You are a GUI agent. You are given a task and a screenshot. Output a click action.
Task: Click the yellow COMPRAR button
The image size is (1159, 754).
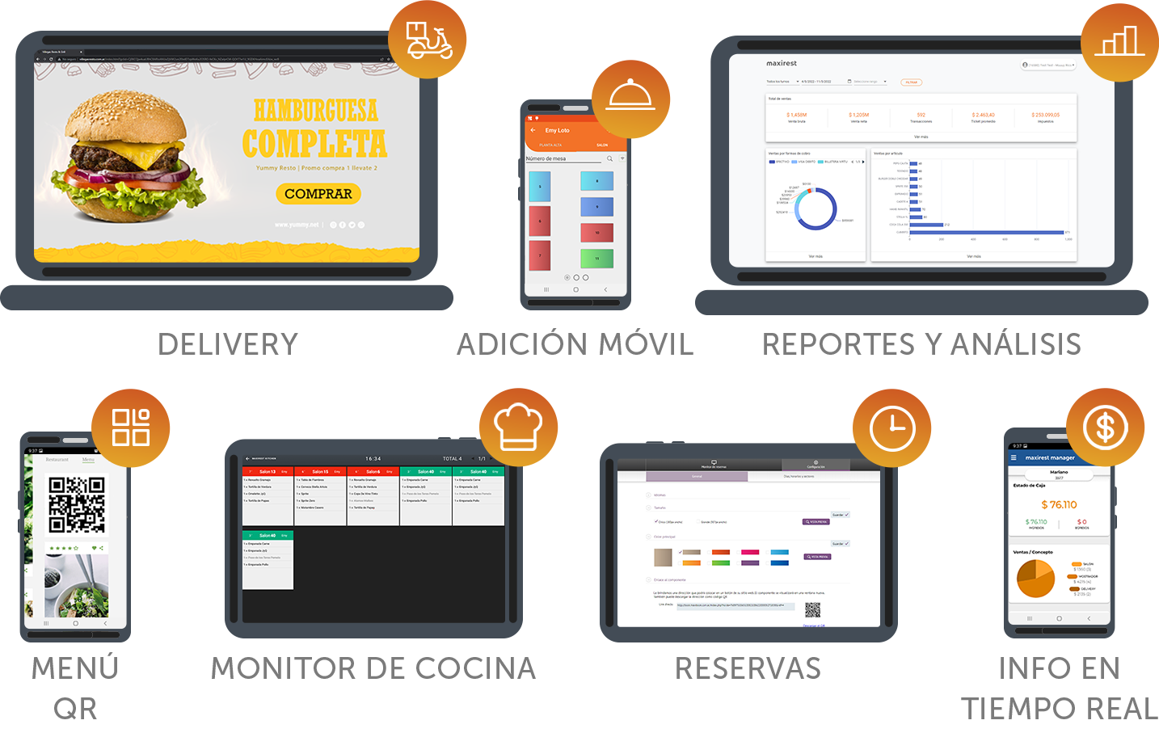click(318, 194)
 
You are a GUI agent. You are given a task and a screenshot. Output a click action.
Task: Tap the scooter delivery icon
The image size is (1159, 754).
click(428, 40)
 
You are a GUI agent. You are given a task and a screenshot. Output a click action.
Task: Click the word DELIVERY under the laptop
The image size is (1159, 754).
click(229, 343)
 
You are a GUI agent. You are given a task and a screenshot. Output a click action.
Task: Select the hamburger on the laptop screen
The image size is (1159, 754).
click(137, 158)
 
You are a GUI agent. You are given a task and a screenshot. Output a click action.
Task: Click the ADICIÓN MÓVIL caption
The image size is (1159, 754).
click(575, 343)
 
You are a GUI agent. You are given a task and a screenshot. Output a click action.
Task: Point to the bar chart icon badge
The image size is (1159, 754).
click(1120, 40)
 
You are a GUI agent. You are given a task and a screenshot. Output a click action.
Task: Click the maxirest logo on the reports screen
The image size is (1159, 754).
click(782, 63)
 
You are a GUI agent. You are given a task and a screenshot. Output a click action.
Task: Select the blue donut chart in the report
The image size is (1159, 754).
click(816, 209)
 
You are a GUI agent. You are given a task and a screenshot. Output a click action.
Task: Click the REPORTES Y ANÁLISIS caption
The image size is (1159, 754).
click(921, 343)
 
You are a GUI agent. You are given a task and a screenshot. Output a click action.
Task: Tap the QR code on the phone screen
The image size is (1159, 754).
click(77, 504)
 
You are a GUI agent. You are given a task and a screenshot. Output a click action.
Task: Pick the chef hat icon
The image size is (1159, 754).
click(518, 427)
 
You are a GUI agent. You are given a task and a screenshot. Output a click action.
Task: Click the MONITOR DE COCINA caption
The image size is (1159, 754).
click(373, 668)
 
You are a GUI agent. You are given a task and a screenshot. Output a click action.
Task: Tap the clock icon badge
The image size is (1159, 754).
click(892, 427)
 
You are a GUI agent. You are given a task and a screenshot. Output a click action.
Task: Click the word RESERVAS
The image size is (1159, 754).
click(748, 668)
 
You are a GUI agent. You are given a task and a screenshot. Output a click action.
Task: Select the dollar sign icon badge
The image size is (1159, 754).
click(1105, 427)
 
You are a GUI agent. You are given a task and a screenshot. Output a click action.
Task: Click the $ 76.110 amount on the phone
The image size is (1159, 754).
click(1059, 504)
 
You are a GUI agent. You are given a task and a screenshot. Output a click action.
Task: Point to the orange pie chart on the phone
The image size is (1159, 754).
click(1035, 578)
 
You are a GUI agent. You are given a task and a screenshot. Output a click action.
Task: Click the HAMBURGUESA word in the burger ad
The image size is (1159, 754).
click(316, 111)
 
